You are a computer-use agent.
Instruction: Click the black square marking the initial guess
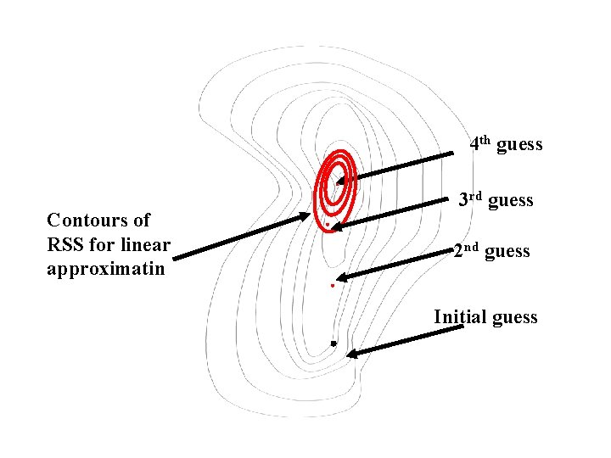pos(334,343)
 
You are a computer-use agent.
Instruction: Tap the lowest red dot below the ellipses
pos(333,287)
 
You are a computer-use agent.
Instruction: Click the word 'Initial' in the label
pos(460,317)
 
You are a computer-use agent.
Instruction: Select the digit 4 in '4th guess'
pos(474,144)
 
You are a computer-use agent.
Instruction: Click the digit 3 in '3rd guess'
pos(463,201)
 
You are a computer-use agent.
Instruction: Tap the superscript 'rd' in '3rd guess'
pos(475,197)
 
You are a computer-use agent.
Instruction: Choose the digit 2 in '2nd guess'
pos(458,252)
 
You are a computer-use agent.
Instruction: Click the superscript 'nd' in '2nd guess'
pos(472,248)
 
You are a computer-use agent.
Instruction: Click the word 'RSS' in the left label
pos(64,246)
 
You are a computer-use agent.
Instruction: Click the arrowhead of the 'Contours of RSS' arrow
pos(306,217)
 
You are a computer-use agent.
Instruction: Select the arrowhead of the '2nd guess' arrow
pos(341,276)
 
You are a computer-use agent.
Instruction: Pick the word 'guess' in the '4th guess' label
pos(519,145)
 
